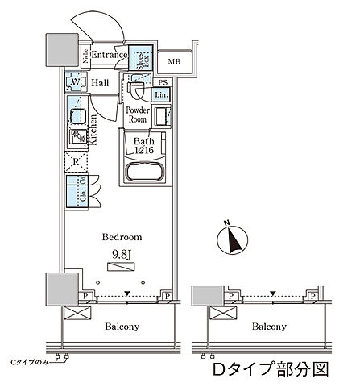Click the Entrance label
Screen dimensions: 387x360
[108, 55]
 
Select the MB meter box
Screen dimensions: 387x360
[174, 61]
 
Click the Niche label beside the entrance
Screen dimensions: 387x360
[84, 56]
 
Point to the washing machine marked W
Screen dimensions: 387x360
[77, 84]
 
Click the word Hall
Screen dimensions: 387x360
[101, 83]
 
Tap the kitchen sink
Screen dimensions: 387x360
[78, 116]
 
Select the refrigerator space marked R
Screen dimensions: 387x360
[77, 160]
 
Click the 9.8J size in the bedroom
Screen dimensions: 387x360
[121, 254]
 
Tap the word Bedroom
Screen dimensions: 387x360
[121, 238]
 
